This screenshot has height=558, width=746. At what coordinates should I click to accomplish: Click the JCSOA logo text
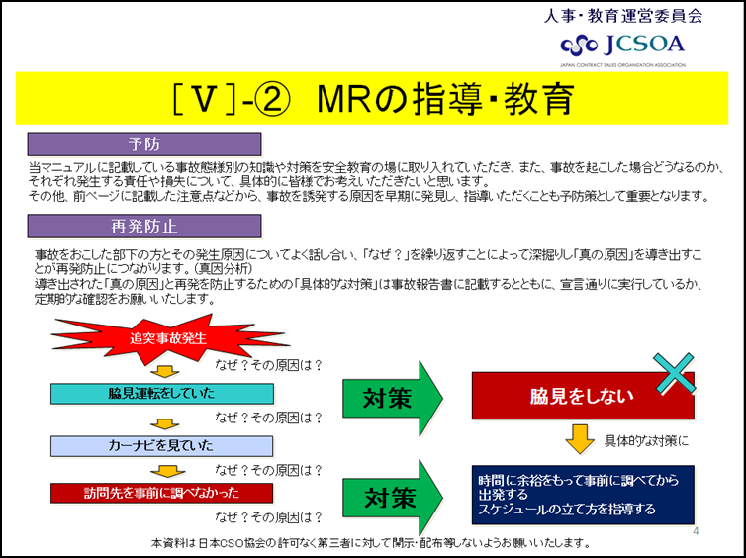[x=644, y=45]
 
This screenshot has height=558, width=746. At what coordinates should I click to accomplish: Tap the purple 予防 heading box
[x=144, y=144]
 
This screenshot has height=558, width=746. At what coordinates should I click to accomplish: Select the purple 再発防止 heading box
[x=144, y=226]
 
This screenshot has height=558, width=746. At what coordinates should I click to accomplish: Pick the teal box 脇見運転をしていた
[x=161, y=394]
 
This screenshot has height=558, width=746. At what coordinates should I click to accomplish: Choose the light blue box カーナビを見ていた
[x=161, y=446]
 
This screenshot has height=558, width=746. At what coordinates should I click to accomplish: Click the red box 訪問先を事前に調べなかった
[x=161, y=493]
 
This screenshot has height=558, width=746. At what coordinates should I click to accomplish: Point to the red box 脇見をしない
[x=583, y=396]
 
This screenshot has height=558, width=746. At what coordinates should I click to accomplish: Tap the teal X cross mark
[x=674, y=374]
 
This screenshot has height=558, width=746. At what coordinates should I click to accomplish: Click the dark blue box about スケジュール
[x=583, y=495]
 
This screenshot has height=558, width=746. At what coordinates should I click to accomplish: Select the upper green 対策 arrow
[x=393, y=398]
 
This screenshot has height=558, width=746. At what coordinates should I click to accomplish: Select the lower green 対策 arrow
[x=393, y=498]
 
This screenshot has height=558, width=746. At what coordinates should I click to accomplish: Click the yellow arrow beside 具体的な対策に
[x=580, y=439]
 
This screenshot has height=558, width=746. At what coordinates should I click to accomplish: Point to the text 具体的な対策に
[x=646, y=441]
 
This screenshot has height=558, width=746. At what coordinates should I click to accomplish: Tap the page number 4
[x=696, y=531]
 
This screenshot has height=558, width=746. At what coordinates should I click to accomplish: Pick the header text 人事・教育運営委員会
[x=623, y=16]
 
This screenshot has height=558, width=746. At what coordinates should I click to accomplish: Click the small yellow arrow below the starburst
[x=164, y=372]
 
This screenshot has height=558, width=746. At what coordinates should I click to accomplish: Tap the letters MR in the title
[x=344, y=99]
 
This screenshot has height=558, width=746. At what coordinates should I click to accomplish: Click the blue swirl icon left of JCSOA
[x=579, y=46]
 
